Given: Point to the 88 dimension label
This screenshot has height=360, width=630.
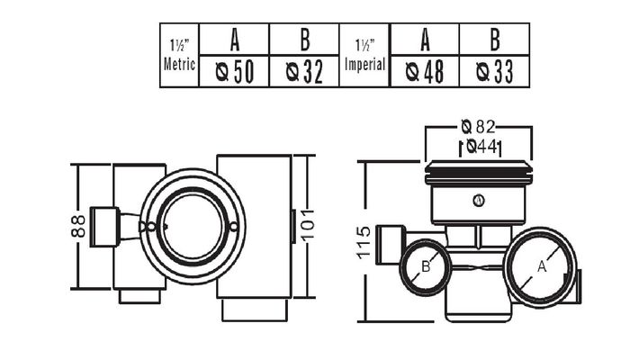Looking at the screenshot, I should pyautogui.click(x=78, y=223).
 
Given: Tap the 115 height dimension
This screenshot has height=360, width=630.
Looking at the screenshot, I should pyautogui.click(x=364, y=241).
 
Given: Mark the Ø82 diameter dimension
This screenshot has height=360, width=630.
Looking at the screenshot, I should pyautogui.click(x=479, y=127).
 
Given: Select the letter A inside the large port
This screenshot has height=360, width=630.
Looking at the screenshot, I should pyautogui.click(x=541, y=266).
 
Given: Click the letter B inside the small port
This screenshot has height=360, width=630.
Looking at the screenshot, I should pyautogui.click(x=427, y=265).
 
